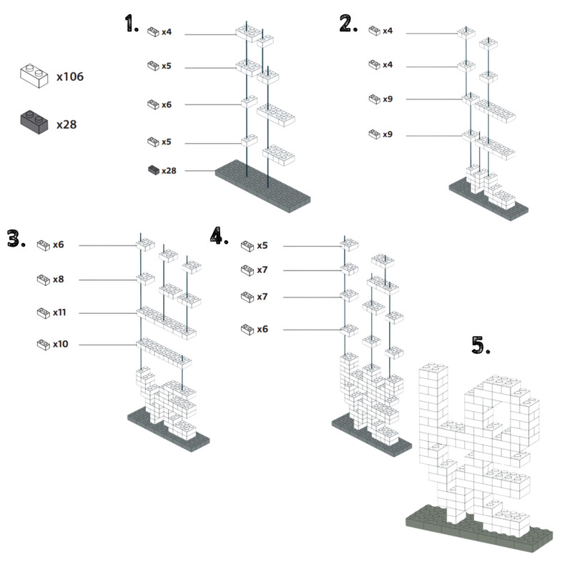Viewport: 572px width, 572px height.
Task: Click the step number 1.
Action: [x=132, y=24]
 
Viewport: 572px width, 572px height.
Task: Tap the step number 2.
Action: [x=348, y=24]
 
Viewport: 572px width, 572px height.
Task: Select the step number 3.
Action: [x=16, y=239]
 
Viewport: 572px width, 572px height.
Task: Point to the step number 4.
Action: [x=220, y=235]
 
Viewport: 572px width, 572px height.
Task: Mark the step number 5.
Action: [x=480, y=345]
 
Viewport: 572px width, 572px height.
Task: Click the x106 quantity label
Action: [x=70, y=77]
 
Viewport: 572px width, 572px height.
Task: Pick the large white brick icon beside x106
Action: [x=34, y=76]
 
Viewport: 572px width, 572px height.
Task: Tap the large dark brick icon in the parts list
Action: [x=34, y=122]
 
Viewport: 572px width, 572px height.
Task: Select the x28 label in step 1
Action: [x=169, y=171]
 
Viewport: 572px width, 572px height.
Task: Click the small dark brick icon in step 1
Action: [x=154, y=170]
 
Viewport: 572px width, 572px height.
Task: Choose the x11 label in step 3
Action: [x=59, y=312]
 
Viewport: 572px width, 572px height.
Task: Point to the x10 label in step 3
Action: [x=61, y=344]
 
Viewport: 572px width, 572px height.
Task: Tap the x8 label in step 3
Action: [x=59, y=280]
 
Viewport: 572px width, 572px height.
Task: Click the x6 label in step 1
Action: [x=167, y=105]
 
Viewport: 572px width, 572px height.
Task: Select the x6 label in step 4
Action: [x=262, y=330]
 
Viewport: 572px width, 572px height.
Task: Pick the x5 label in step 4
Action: [x=262, y=245]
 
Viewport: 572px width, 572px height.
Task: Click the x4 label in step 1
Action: [x=167, y=32]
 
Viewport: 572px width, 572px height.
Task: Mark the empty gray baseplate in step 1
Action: [x=262, y=186]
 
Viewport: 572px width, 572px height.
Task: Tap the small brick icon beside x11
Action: [x=44, y=313]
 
